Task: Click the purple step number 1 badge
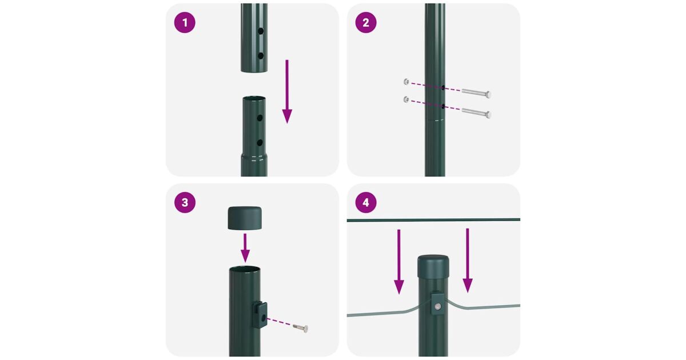[x=185, y=23]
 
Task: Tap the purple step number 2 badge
[x=366, y=23]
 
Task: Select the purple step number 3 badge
[x=185, y=203]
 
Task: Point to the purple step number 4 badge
[x=366, y=203]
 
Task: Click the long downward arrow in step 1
[x=287, y=91]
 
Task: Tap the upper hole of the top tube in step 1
[x=261, y=31]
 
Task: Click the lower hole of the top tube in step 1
[x=261, y=56]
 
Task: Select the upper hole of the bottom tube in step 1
[x=260, y=118]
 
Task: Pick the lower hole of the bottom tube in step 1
[x=260, y=143]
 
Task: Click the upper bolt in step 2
[x=477, y=93]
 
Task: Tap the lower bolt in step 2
[x=477, y=113]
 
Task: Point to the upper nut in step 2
[x=406, y=82]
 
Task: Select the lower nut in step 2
[x=406, y=99]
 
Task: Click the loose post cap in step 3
[x=245, y=218]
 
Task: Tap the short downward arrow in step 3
[x=245, y=248]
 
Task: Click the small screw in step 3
[x=301, y=328]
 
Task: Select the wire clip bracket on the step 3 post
[x=260, y=314]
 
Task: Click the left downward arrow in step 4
[x=399, y=262]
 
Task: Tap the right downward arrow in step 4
[x=468, y=261]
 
